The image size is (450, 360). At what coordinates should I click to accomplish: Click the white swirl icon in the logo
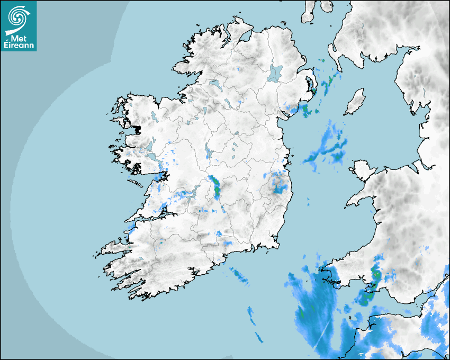[x=17, y=17]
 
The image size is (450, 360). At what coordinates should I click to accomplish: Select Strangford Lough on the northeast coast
[x=312, y=85]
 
